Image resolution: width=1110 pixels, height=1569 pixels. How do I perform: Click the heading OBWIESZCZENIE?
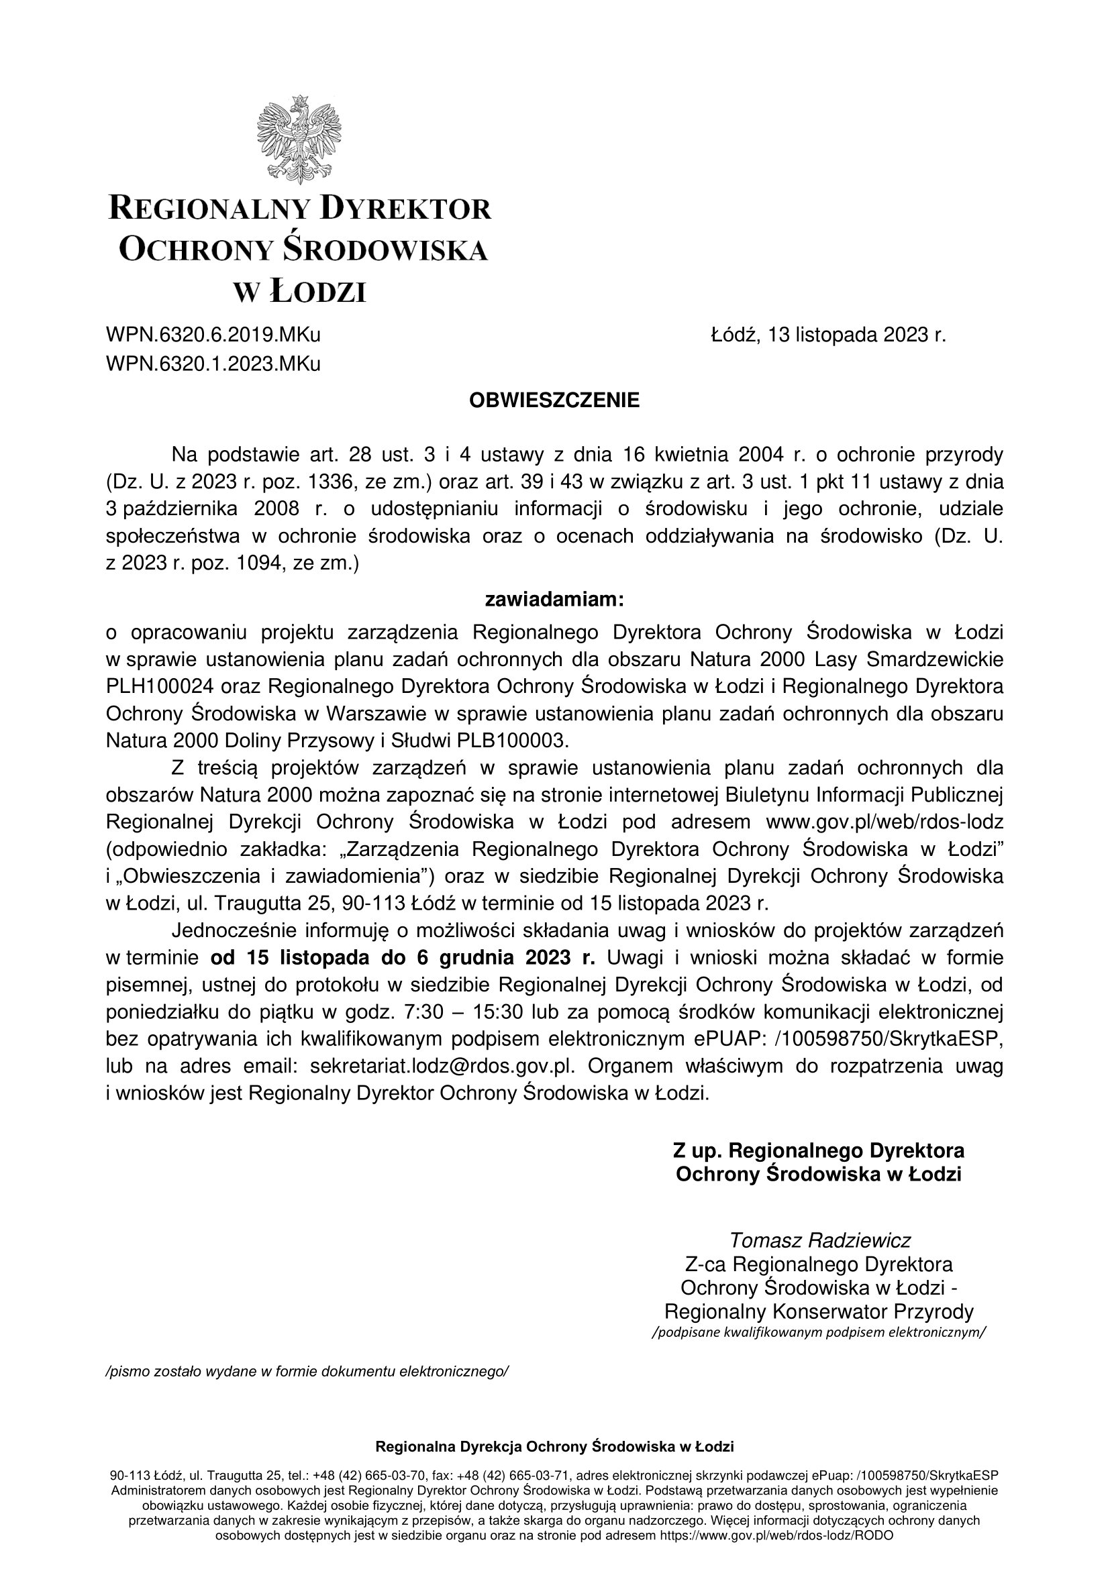click(554, 400)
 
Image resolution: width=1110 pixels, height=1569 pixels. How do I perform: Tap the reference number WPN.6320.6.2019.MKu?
click(213, 335)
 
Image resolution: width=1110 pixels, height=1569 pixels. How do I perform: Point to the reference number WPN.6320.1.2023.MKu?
click(213, 364)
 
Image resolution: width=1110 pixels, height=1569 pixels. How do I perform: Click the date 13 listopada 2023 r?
click(856, 335)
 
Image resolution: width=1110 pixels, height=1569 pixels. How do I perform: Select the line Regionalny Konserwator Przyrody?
click(819, 1311)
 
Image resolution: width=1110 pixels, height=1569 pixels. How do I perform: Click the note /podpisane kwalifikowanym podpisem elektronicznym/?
click(819, 1332)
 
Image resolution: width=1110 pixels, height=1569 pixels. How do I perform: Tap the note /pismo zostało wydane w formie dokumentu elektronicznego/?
click(307, 1371)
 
